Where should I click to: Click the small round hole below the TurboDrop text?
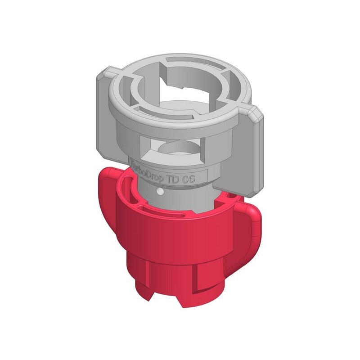point(160,192)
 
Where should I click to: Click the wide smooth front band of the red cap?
point(180,238)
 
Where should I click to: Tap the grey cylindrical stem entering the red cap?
point(180,198)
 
